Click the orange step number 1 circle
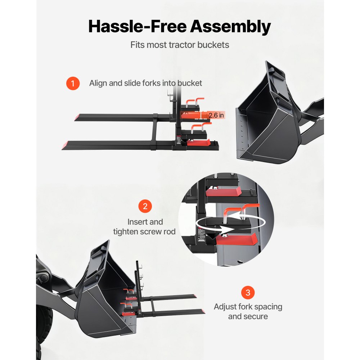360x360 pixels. coord(73,84)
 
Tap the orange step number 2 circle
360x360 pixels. coord(145,206)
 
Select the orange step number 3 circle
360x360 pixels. coord(248,292)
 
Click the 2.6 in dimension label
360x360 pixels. coord(216,115)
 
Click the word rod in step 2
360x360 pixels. coord(169,231)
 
